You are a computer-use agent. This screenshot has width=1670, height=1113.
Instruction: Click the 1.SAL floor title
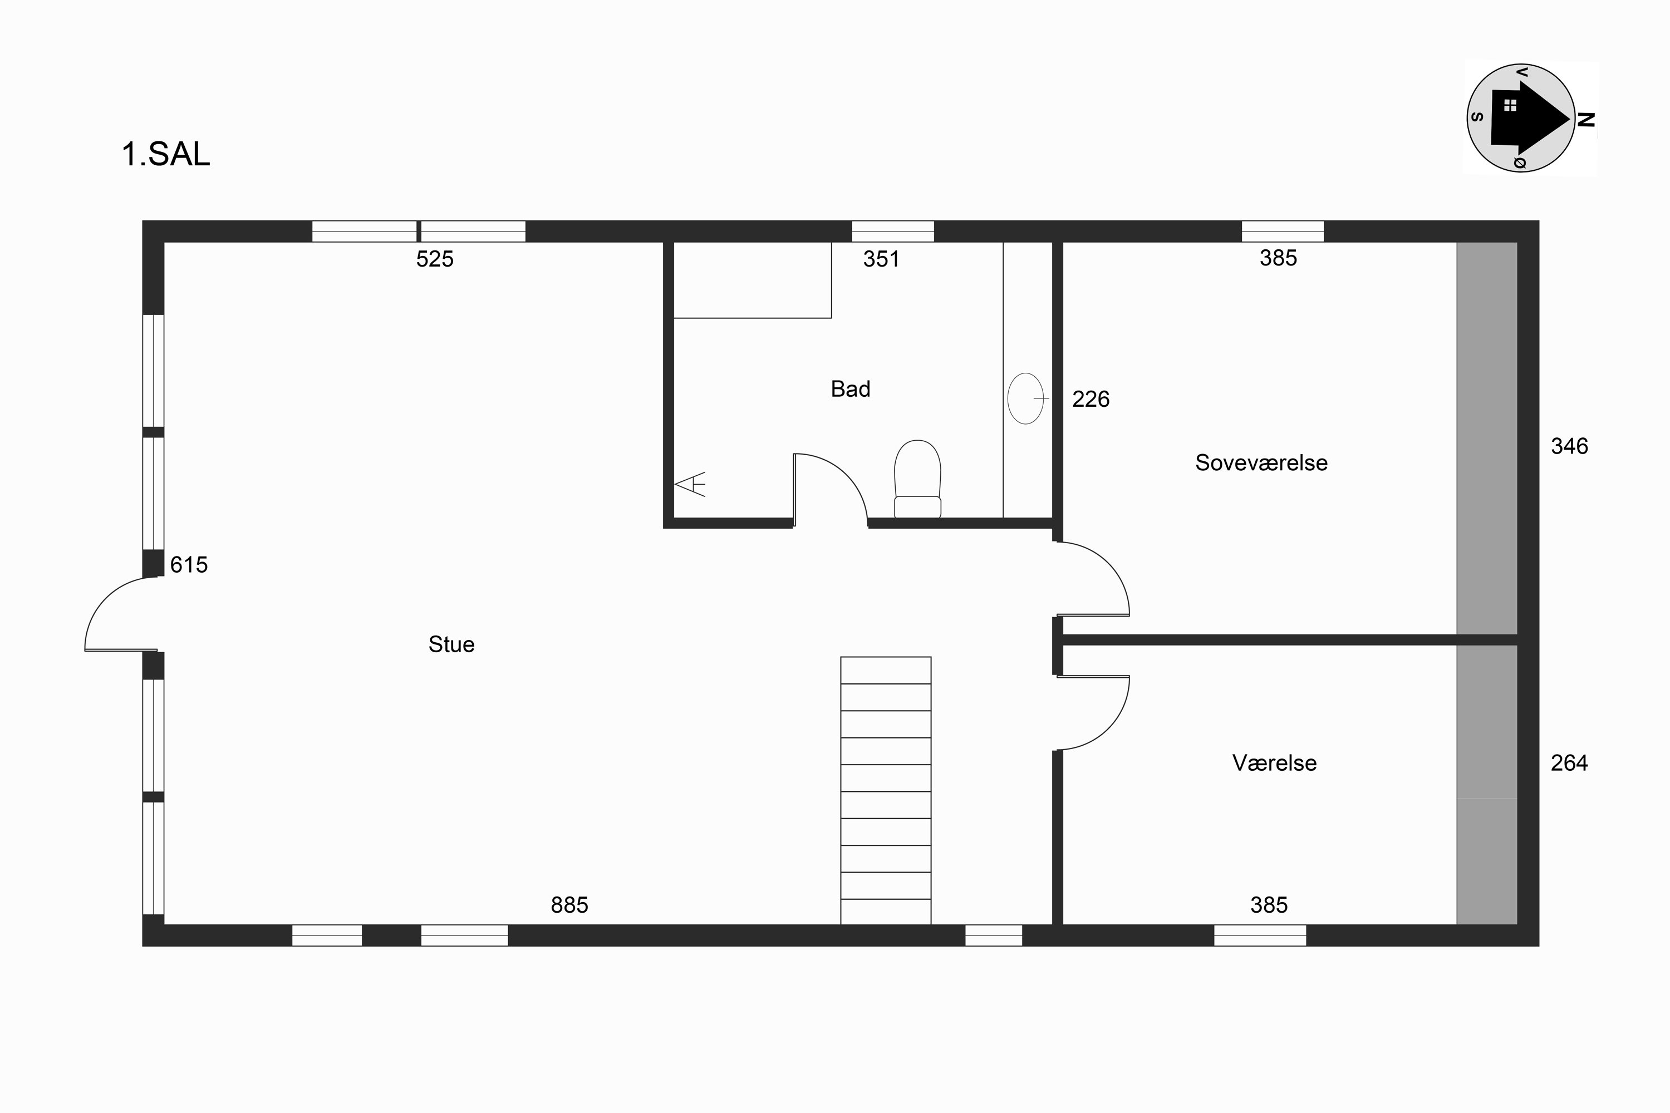[166, 155]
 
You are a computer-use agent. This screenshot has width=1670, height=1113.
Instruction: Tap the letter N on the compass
[1586, 120]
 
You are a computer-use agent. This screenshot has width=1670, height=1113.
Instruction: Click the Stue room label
[451, 644]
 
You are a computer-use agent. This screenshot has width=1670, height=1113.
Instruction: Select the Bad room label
[851, 389]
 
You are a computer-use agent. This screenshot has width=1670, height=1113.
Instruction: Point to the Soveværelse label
[1261, 463]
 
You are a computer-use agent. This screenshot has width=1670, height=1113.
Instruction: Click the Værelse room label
[1275, 763]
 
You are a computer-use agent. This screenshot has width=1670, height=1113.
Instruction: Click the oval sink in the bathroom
[1025, 399]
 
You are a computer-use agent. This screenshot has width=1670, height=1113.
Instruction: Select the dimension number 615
[189, 565]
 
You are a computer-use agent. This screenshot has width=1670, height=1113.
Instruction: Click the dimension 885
[569, 905]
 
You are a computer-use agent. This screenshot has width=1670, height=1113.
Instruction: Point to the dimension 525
[435, 259]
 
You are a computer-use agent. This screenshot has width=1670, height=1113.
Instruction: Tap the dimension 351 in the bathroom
[881, 259]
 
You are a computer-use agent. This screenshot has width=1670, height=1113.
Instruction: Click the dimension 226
[1091, 400]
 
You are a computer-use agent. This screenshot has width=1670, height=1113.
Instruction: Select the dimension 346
[1569, 446]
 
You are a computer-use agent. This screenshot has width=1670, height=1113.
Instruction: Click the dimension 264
[1569, 763]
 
